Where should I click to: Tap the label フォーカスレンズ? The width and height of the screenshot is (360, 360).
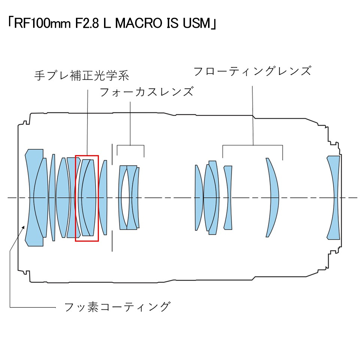click(x=146, y=92)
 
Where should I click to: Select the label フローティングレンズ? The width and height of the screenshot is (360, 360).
click(x=252, y=71)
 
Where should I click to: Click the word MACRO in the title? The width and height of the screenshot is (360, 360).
click(x=135, y=24)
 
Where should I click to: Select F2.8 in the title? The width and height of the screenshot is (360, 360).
click(x=77, y=24)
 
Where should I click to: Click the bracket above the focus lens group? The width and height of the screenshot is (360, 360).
click(x=130, y=145)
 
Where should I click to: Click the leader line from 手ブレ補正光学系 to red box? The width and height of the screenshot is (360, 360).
click(x=87, y=119)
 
